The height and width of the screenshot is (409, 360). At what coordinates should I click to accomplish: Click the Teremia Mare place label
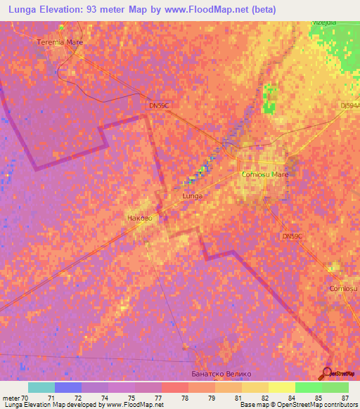coord(60,41)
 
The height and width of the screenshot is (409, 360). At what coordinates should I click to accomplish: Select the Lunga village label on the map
coord(192,196)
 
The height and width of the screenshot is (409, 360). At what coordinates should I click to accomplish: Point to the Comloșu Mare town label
coord(265,174)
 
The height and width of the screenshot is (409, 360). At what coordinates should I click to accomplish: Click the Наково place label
coord(139,219)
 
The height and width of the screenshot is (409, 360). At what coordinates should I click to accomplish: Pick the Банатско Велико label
coord(221,374)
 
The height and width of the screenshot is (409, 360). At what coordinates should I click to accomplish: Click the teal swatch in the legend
coord(41,387)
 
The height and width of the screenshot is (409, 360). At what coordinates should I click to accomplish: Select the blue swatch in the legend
coord(68,387)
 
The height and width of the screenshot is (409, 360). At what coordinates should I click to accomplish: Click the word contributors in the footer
coord(340,405)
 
